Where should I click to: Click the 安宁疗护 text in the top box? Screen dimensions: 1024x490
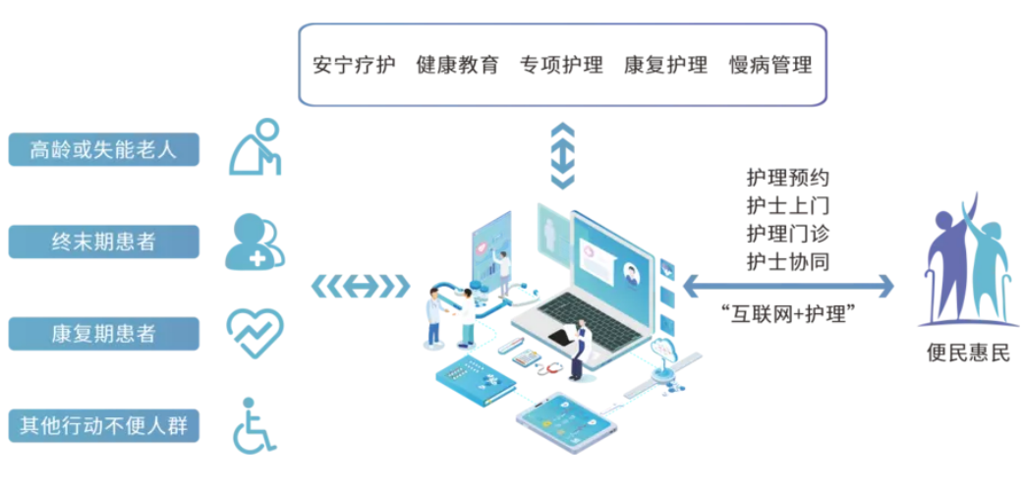(x=355, y=65)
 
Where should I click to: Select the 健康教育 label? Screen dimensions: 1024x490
(x=459, y=65)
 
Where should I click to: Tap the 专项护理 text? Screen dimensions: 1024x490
(x=562, y=65)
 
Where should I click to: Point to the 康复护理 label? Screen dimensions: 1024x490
(x=666, y=65)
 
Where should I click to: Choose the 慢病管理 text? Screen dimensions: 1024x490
(x=770, y=65)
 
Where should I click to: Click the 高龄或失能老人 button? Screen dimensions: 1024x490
(x=104, y=149)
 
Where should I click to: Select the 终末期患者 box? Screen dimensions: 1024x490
(x=104, y=242)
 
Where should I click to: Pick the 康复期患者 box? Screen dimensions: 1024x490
(x=104, y=334)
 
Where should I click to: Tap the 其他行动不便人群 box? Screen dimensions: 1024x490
(x=104, y=426)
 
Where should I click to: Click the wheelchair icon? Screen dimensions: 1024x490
(x=254, y=425)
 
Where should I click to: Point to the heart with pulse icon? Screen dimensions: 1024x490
(x=255, y=333)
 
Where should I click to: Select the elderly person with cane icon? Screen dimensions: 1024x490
(x=256, y=147)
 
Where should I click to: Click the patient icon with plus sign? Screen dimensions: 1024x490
(x=255, y=243)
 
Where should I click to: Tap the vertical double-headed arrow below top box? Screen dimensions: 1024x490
(x=562, y=155)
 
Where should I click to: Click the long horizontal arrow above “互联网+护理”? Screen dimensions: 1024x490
(x=788, y=285)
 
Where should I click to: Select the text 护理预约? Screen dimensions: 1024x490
(x=787, y=178)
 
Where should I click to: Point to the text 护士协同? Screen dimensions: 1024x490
(x=787, y=261)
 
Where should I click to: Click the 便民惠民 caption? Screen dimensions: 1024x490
(x=969, y=354)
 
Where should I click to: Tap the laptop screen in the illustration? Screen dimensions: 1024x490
(x=612, y=255)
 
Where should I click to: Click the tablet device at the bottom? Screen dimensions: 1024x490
(x=566, y=423)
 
